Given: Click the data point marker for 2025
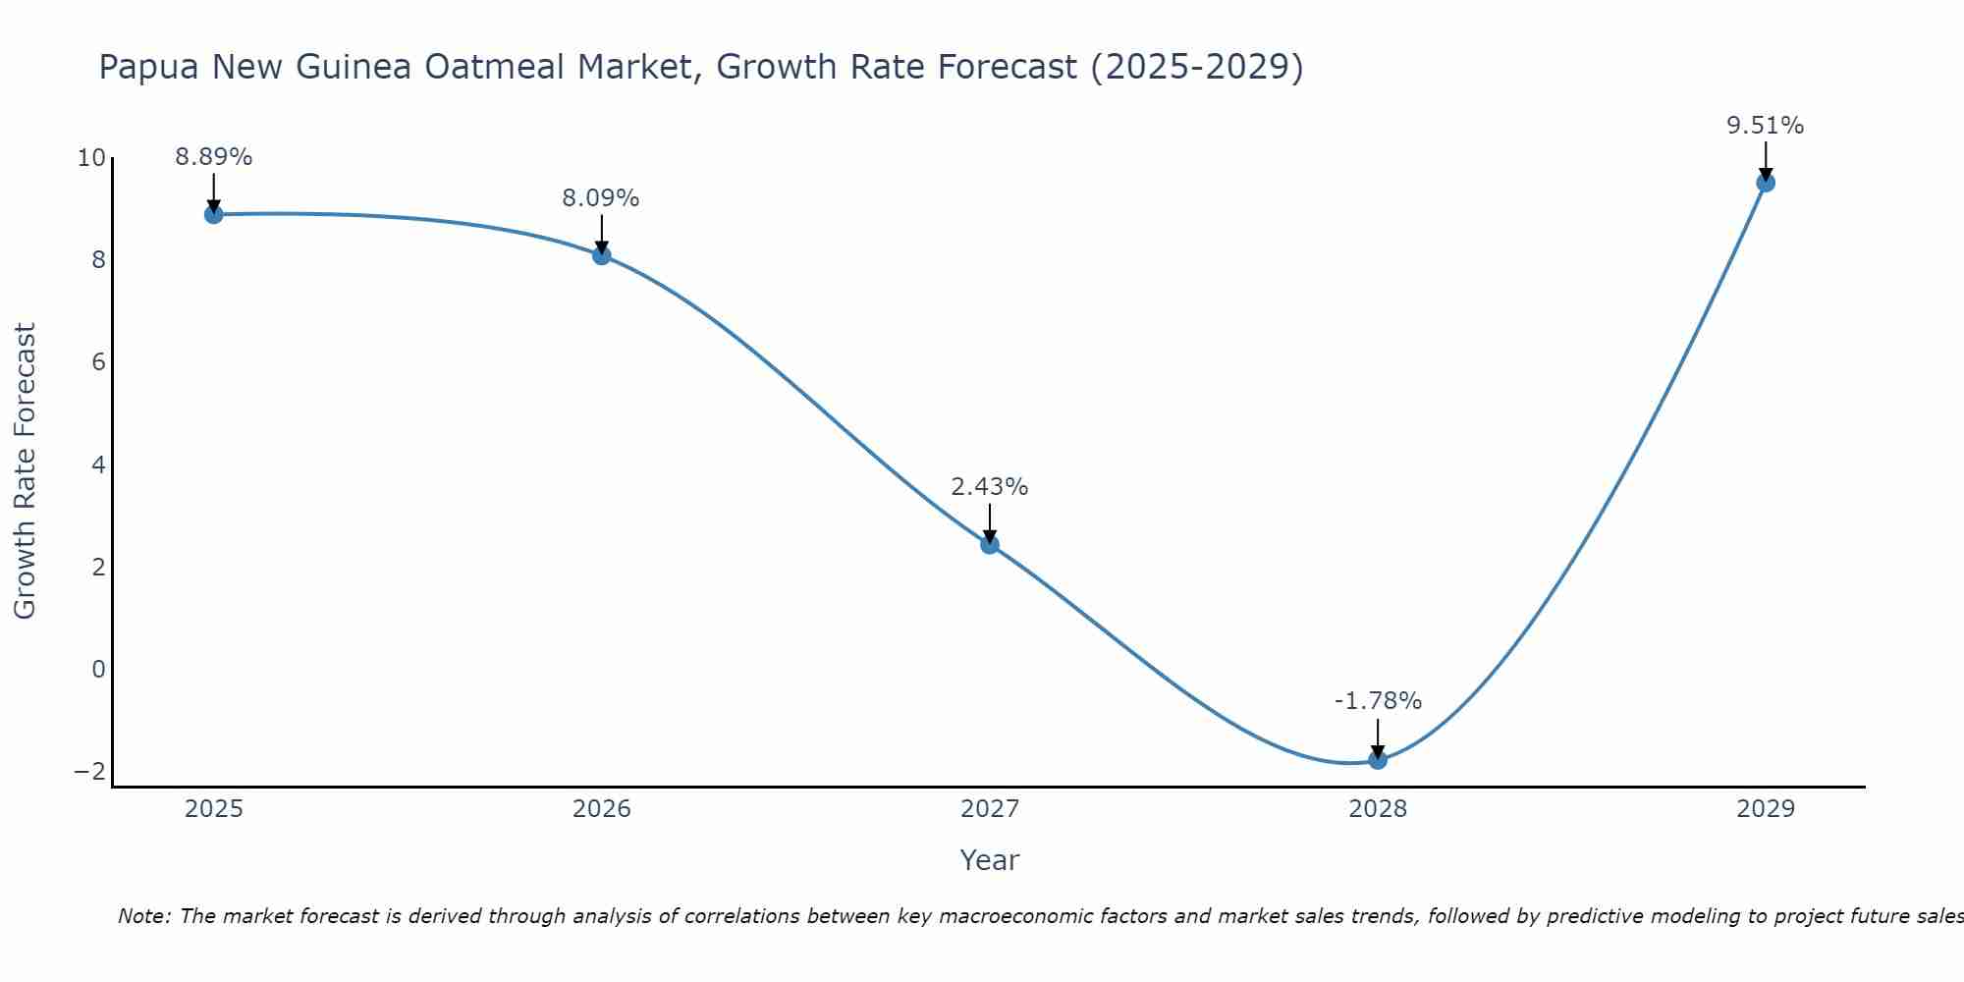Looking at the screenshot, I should pyautogui.click(x=214, y=214).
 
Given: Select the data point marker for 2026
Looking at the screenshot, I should pyautogui.click(x=602, y=255).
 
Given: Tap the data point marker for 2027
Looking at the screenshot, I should pyautogui.click(x=990, y=544).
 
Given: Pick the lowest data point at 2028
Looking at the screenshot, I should pyautogui.click(x=1378, y=759).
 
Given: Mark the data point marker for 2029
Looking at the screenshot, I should pyautogui.click(x=1766, y=183).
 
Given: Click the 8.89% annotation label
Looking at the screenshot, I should pyautogui.click(x=214, y=157).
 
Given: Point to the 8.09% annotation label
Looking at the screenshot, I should pyautogui.click(x=601, y=198).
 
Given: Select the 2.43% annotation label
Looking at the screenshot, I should pyautogui.click(x=990, y=487).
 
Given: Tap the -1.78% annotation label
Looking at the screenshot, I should pyautogui.click(x=1378, y=701).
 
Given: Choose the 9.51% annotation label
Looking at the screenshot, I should pyautogui.click(x=1766, y=126).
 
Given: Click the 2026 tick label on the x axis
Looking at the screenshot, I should pyautogui.click(x=602, y=809).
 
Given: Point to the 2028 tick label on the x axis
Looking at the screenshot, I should pyautogui.click(x=1378, y=809).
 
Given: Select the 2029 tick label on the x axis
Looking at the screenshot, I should pyautogui.click(x=1766, y=809).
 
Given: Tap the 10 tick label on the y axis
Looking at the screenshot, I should pyautogui.click(x=91, y=158).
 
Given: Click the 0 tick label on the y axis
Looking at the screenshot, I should pyautogui.click(x=98, y=670).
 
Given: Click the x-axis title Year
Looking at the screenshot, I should pyautogui.click(x=990, y=860).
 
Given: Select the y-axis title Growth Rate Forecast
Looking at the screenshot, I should pyautogui.click(x=25, y=471).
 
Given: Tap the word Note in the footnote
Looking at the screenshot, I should pyautogui.click(x=143, y=916).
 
